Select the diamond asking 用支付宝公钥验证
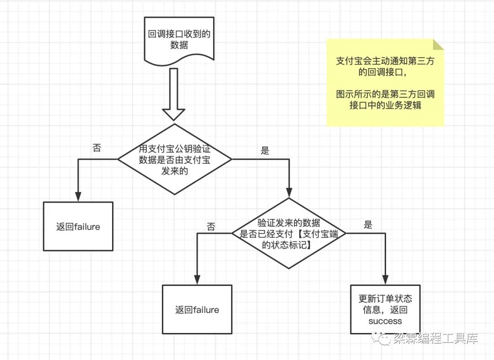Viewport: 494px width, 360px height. coord(175,159)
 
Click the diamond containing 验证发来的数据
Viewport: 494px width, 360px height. coord(289,233)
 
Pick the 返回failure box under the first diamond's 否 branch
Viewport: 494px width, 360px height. coord(78,226)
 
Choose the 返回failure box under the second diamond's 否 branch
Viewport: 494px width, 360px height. coord(197,310)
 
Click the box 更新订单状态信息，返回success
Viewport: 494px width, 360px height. coord(385,310)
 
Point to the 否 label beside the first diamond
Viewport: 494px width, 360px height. coord(97,147)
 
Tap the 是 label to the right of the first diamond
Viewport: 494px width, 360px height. coord(265,151)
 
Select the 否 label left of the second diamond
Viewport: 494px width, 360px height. coord(211,227)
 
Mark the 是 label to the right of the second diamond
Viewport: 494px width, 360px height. coord(368,225)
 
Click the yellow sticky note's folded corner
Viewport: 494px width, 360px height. coord(438,44)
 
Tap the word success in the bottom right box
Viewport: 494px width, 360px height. coord(385,321)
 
